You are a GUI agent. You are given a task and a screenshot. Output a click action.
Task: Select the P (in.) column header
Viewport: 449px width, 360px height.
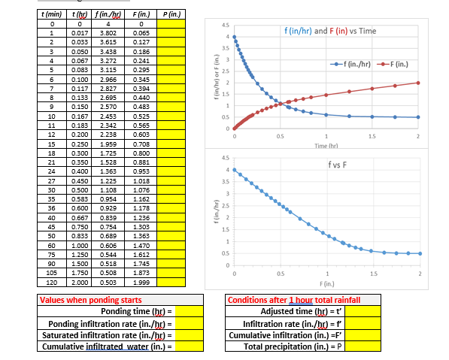[170, 15]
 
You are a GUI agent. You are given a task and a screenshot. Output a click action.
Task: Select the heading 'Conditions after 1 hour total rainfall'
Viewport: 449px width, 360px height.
[293, 300]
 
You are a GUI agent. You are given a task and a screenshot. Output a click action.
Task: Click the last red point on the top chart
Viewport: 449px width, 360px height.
[418, 83]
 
